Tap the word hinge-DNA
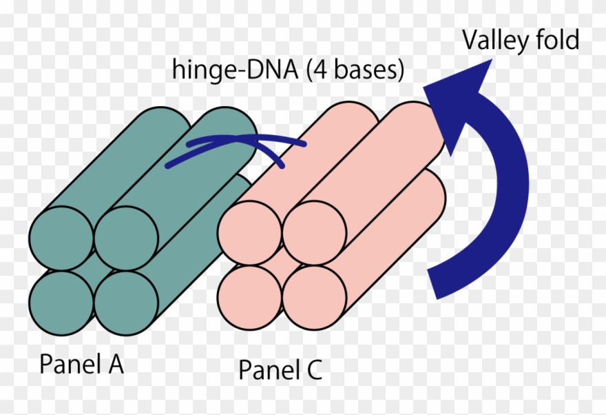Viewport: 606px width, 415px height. (227, 71)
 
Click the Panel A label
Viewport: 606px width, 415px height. (81, 364)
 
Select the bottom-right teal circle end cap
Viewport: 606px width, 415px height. (126, 302)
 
